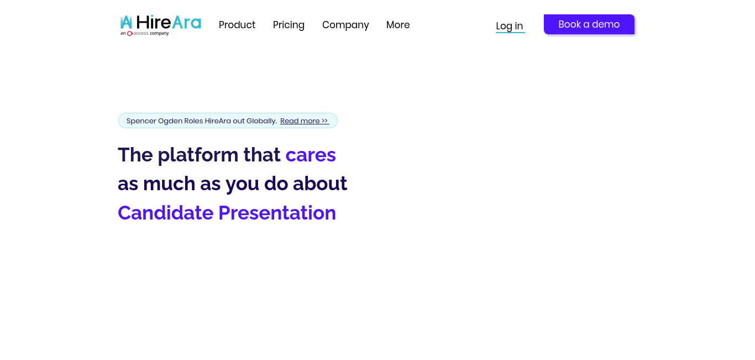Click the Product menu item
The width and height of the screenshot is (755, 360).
pos(237,25)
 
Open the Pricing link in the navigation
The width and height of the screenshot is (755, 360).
pos(289,25)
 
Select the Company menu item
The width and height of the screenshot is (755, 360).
pos(345,25)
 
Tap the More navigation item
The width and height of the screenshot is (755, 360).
pos(398,25)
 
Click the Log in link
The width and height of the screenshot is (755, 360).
pos(510,27)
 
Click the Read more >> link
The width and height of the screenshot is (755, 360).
pos(305,121)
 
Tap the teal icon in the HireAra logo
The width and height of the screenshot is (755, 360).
pos(126,22)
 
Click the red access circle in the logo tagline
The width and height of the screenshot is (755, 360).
pos(130,33)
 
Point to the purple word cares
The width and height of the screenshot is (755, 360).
pos(311,155)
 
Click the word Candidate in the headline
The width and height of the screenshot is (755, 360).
pos(165,213)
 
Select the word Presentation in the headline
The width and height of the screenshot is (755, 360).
pos(277,213)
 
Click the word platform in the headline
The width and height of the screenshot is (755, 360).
pos(198,155)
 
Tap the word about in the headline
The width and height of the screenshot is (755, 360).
pos(320,184)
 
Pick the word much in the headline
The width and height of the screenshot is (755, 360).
pos(169,184)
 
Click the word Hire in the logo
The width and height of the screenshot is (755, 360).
pos(153,22)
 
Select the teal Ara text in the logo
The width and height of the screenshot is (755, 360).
pos(186,22)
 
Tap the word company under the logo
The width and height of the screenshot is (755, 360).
pos(159,34)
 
